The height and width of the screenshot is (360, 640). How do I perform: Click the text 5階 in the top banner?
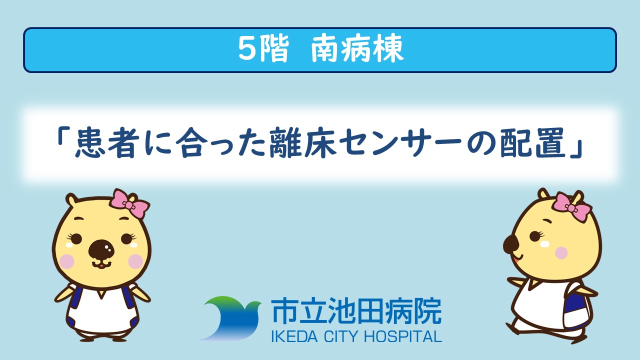(263, 49)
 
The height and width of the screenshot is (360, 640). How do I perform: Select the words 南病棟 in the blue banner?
(357, 49)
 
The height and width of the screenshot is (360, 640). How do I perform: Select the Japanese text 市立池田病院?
(356, 311)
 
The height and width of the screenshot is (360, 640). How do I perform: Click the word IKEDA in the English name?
(294, 336)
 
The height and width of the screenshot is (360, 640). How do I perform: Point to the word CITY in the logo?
(341, 336)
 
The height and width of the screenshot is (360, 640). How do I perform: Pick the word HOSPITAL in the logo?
(403, 336)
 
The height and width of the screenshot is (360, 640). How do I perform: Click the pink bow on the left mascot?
(130, 203)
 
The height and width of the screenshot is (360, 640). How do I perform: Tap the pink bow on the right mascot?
(571, 207)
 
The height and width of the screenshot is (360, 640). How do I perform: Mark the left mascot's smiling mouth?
(101, 265)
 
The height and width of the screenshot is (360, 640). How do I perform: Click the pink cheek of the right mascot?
(561, 253)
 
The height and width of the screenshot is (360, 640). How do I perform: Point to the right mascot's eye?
(535, 236)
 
